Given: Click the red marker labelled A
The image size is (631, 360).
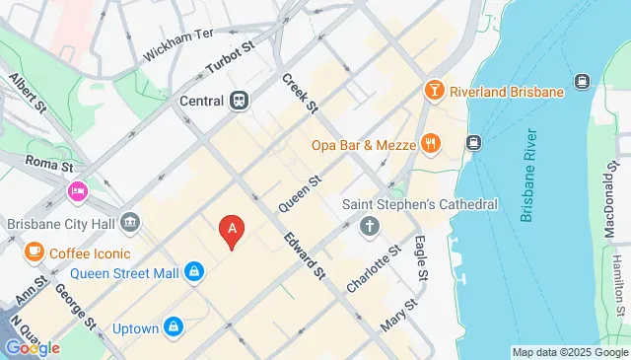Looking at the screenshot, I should click(x=232, y=230).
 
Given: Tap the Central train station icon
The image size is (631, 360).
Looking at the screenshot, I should click(x=240, y=100).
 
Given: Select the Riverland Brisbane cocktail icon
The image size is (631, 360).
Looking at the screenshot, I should click(x=433, y=92).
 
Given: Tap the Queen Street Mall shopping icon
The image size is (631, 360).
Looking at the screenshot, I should click(x=194, y=271).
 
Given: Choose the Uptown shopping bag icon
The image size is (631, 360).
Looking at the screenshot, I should click(x=174, y=324).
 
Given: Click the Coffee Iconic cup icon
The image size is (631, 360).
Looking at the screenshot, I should click(x=34, y=251).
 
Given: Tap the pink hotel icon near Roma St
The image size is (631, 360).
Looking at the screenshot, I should click(x=77, y=190).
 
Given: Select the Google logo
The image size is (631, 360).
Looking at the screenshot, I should click(x=32, y=347).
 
